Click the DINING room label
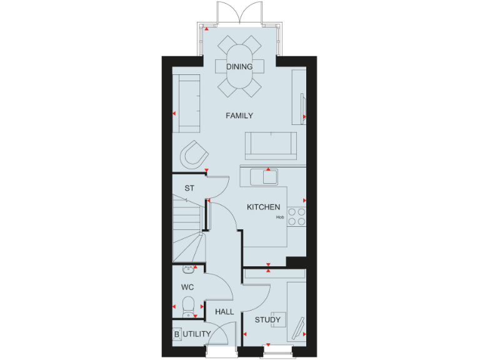[240, 66]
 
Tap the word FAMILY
[239, 116]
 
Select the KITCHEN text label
[263, 207]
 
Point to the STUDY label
[267, 321]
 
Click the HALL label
[224, 311]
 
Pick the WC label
[187, 288]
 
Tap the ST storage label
[188, 187]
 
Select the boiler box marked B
[176, 334]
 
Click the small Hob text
[280, 218]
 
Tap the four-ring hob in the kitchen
[297, 216]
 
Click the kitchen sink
[264, 177]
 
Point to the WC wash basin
[188, 269]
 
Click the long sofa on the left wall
[186, 103]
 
